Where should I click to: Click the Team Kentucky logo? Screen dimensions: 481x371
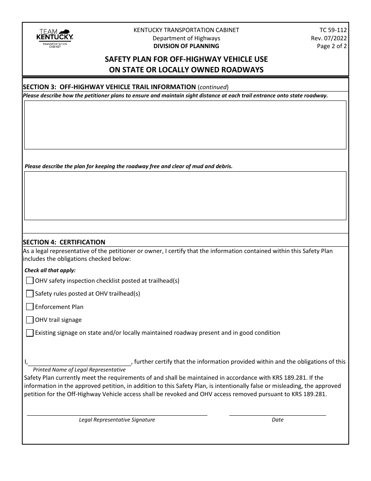(x=54, y=38)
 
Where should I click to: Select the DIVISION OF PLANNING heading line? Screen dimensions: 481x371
(x=186, y=46)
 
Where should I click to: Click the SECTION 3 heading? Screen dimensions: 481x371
(x=109, y=87)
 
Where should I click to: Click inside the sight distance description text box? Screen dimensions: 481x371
(x=185, y=125)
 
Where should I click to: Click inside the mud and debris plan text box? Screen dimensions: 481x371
(x=185, y=196)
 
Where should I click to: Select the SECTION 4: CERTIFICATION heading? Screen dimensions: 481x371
(x=64, y=242)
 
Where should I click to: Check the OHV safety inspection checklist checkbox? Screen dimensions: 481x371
(x=30, y=280)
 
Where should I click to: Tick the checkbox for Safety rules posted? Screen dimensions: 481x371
(x=30, y=294)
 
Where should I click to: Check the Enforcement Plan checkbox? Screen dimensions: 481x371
(x=30, y=307)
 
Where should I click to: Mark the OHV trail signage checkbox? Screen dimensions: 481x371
(x=30, y=320)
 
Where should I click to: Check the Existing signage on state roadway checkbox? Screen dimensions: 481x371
(x=30, y=333)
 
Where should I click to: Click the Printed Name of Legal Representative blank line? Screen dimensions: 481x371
(x=80, y=362)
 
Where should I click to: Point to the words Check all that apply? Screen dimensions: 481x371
(x=50, y=270)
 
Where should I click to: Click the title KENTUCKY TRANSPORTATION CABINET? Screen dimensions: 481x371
(x=186, y=30)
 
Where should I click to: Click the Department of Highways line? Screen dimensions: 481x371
(x=186, y=38)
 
